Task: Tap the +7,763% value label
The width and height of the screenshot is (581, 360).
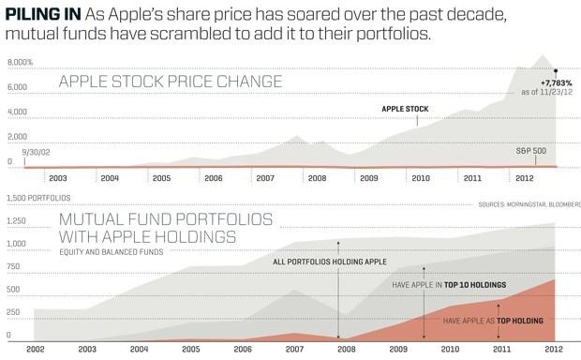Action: pyautogui.click(x=556, y=83)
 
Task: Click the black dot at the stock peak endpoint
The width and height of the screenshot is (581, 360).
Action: pyautogui.click(x=556, y=70)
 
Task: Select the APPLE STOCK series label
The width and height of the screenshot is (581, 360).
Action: pyautogui.click(x=405, y=109)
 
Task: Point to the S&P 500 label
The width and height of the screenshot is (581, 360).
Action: pyautogui.click(x=532, y=150)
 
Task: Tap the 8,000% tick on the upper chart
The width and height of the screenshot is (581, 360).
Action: pyautogui.click(x=21, y=62)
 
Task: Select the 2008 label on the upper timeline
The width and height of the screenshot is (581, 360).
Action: pyautogui.click(x=317, y=176)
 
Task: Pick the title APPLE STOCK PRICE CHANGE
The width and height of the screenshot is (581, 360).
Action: pyautogui.click(x=170, y=82)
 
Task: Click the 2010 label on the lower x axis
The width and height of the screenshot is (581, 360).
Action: pyautogui.click(x=451, y=349)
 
